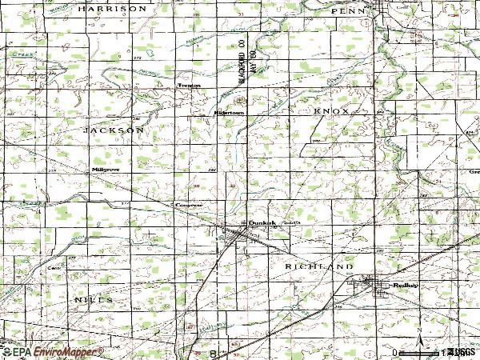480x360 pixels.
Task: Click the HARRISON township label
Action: [113, 8]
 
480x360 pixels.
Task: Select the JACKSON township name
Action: [113, 129]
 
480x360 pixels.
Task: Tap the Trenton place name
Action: [189, 85]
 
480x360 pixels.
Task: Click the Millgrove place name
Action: [105, 170]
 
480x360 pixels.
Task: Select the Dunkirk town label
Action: [262, 224]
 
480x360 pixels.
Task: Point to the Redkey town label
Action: [402, 286]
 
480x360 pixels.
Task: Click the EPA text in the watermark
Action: [18, 352]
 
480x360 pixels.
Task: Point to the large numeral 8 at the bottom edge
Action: [213, 352]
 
